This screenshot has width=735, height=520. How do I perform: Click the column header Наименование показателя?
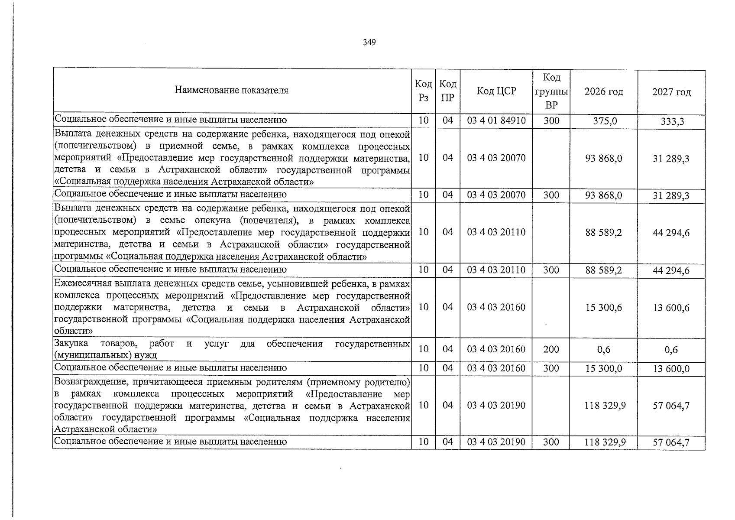click(231, 90)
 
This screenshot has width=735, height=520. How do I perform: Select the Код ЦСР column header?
click(496, 91)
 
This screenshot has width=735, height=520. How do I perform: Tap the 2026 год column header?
click(604, 91)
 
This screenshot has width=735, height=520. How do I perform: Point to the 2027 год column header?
click(671, 92)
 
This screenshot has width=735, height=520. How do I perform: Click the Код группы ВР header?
click(551, 91)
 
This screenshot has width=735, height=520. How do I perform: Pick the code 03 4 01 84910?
click(496, 120)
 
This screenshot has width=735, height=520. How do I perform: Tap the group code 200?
click(551, 349)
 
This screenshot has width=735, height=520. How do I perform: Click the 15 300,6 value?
click(604, 307)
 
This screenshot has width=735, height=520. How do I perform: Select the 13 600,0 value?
click(672, 369)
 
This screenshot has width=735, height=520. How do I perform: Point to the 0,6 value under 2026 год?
click(604, 349)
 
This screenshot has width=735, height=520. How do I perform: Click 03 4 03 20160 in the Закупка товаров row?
click(496, 349)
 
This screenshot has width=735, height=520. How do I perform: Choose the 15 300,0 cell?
click(604, 368)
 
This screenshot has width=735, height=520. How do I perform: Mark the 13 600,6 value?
click(671, 308)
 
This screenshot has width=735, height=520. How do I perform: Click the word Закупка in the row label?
click(71, 344)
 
